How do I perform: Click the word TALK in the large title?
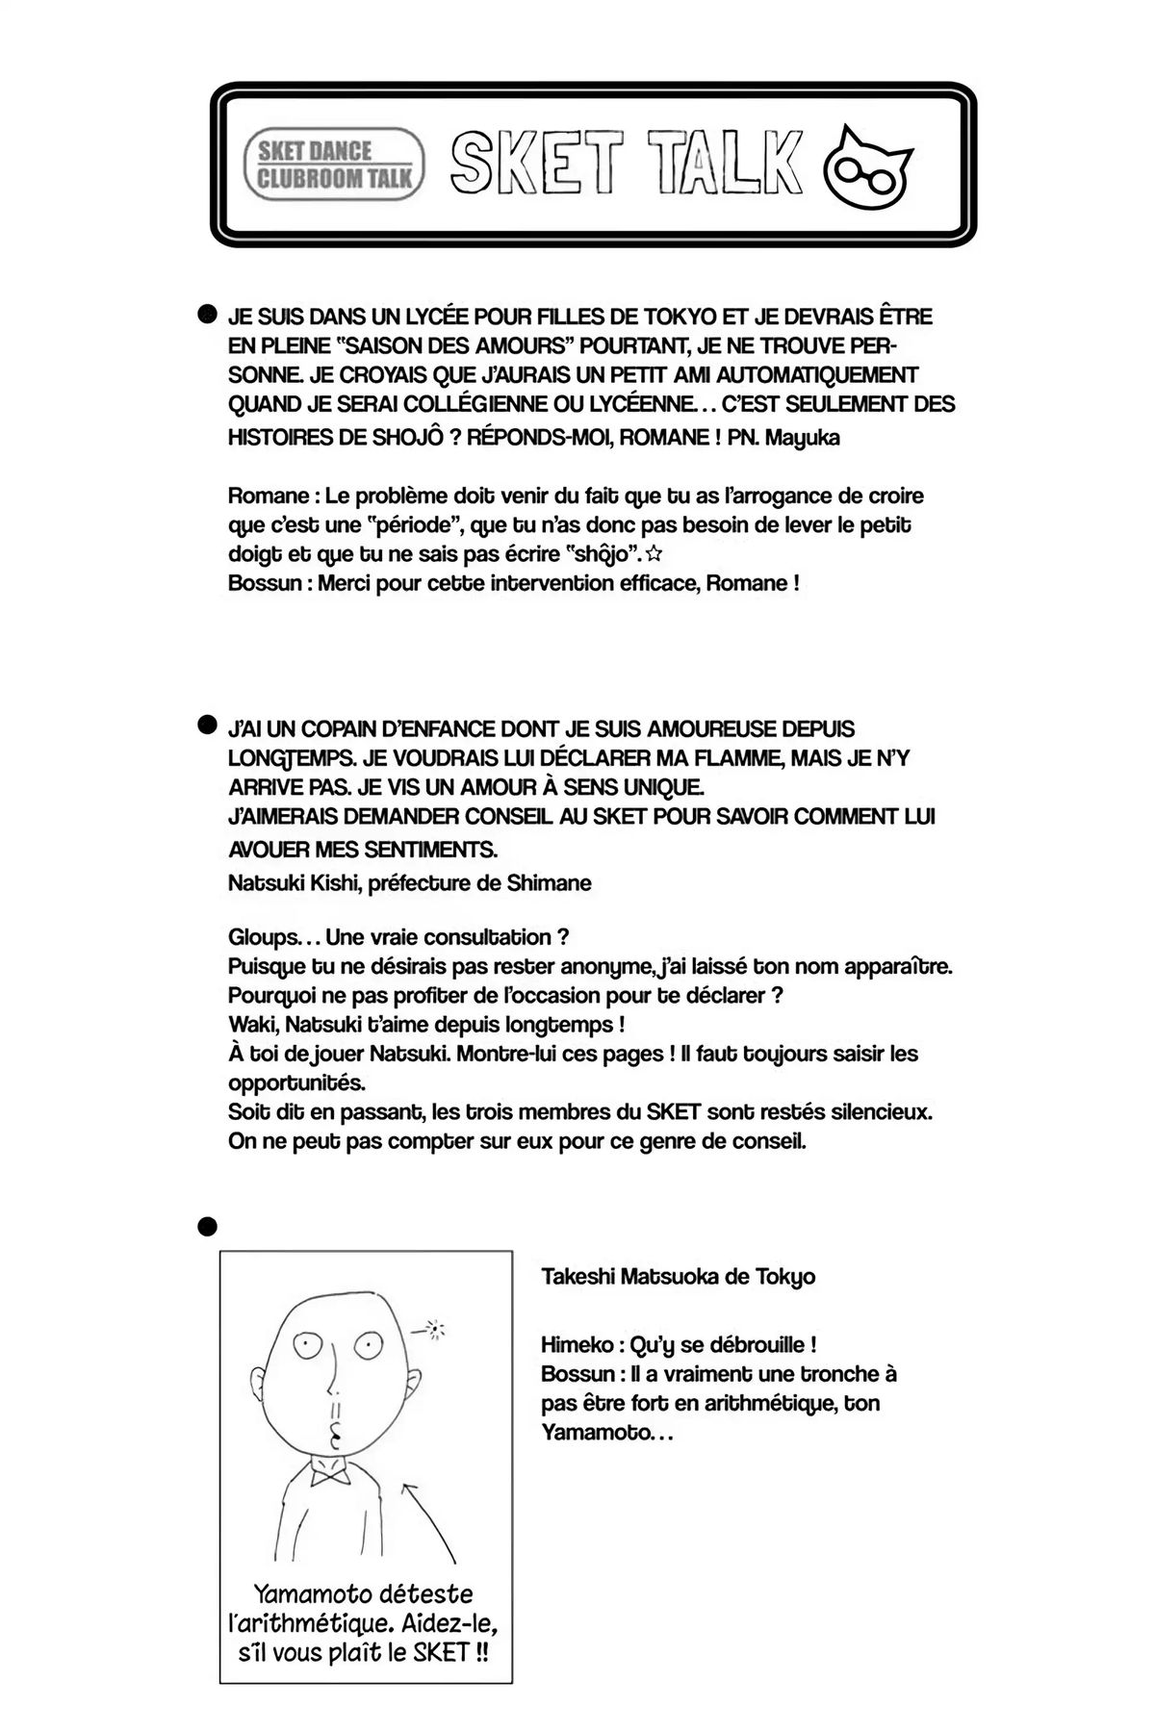[724, 159]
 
